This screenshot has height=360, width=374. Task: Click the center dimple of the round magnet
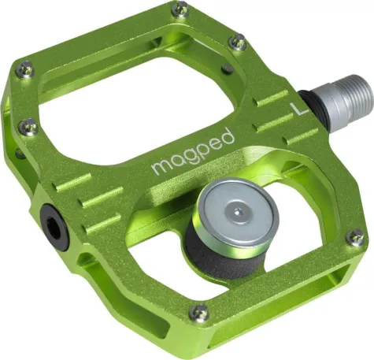(x=239, y=212)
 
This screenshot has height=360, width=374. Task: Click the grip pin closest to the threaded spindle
(x=236, y=41)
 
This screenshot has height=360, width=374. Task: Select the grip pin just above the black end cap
(x=28, y=125)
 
